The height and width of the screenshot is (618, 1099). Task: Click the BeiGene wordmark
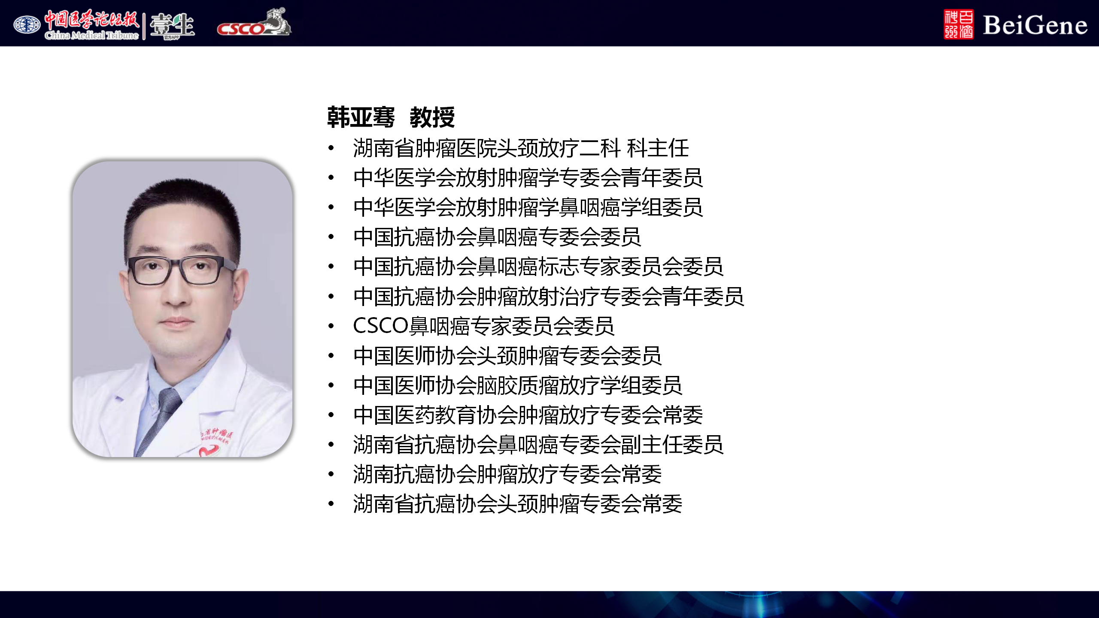click(1035, 25)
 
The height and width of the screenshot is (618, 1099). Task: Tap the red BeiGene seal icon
click(959, 24)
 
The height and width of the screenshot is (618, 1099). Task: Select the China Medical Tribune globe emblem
click(27, 24)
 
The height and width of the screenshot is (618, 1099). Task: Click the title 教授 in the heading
click(432, 117)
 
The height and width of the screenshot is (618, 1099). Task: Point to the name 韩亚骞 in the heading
click(361, 117)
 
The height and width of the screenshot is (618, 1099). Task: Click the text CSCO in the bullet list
click(380, 326)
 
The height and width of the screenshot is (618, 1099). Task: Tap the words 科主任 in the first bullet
click(658, 148)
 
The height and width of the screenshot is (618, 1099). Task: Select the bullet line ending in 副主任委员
click(538, 445)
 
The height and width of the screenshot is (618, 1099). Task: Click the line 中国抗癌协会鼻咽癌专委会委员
click(497, 237)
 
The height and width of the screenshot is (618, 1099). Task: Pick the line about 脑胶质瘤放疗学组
click(518, 385)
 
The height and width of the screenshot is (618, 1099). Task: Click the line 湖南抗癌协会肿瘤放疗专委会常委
click(507, 474)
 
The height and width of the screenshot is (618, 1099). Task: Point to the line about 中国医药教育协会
click(528, 415)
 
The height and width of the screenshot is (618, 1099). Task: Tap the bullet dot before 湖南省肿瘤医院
click(331, 148)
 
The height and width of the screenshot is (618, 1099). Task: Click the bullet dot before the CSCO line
click(331, 326)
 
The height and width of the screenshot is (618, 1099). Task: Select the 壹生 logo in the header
click(172, 25)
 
